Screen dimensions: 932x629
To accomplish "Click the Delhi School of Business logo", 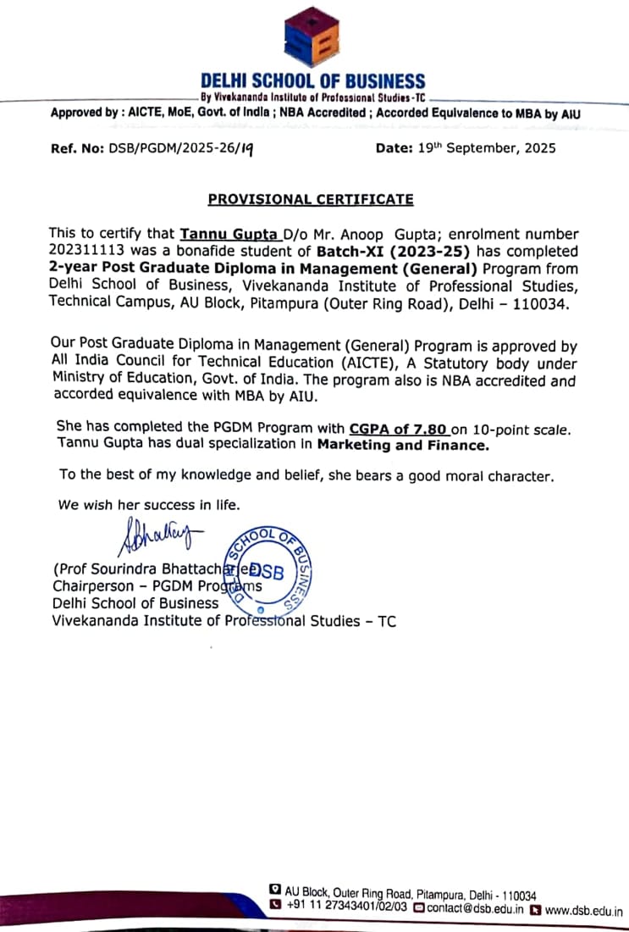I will (x=312, y=37).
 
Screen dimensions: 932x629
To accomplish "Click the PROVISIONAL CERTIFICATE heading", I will (x=311, y=200).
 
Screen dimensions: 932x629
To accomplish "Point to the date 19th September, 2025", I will (x=487, y=148).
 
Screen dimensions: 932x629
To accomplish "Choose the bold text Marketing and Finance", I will (x=403, y=444).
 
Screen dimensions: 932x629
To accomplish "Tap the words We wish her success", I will (x=127, y=505).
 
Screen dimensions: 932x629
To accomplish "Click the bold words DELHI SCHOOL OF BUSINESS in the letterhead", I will (x=312, y=82).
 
